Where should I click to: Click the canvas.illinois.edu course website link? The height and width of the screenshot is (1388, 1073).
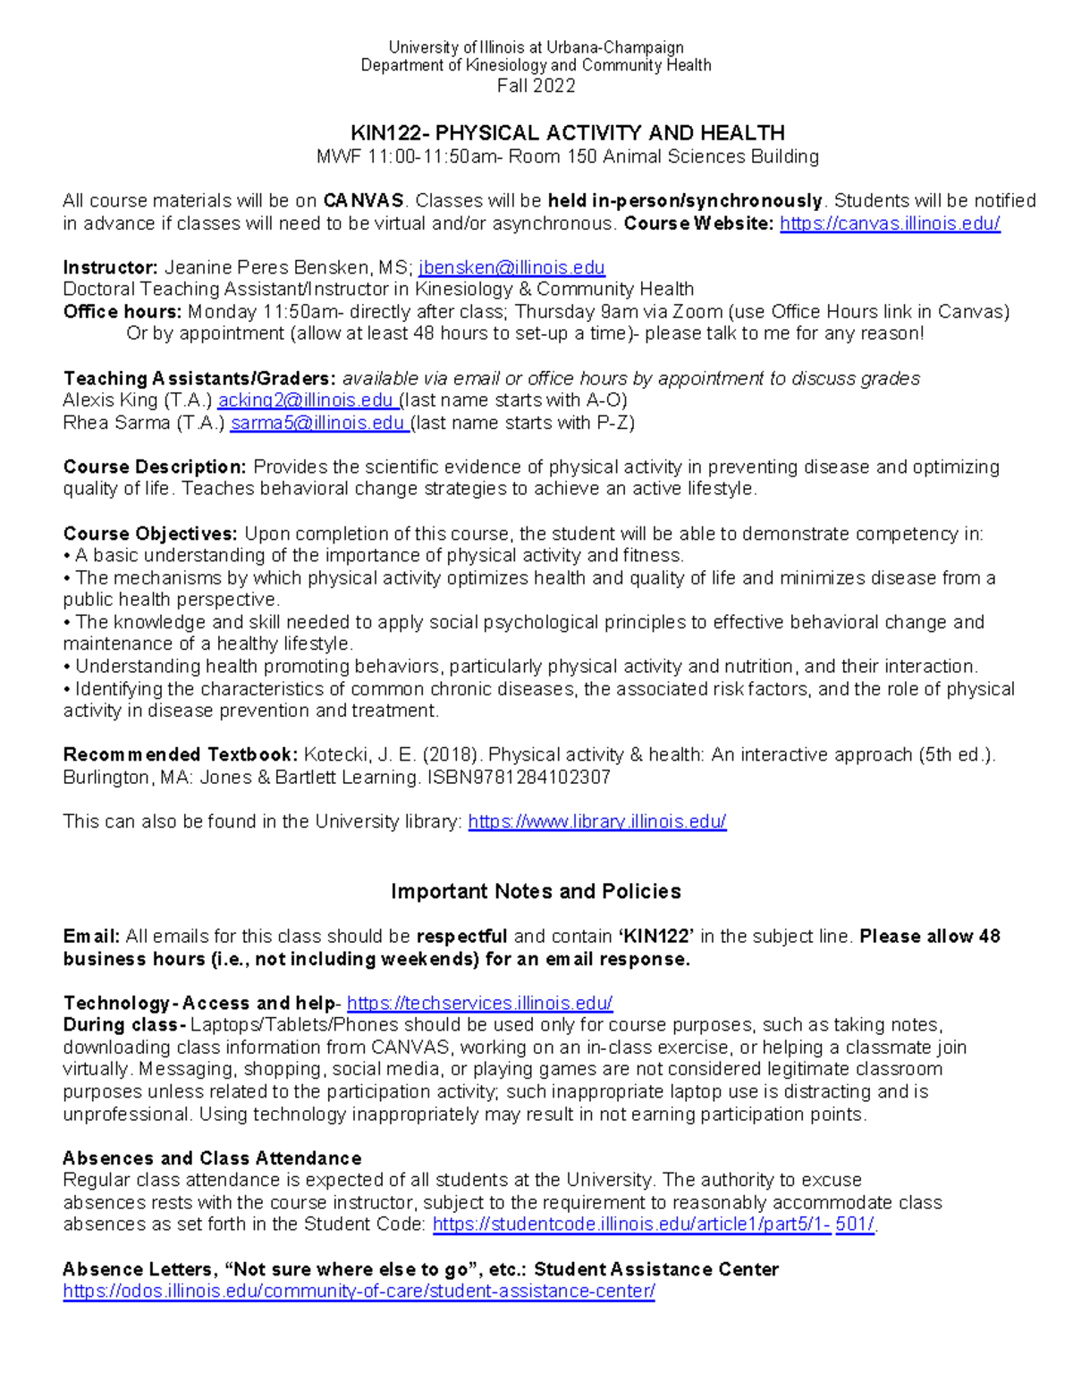(890, 223)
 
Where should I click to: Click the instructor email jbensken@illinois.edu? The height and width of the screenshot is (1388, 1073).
(511, 267)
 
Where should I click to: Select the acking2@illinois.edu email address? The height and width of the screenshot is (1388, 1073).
(306, 400)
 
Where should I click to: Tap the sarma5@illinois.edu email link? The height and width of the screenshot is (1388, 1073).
(317, 423)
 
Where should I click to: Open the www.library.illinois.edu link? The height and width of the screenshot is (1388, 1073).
(596, 821)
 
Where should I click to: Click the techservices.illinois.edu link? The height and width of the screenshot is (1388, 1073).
(479, 1003)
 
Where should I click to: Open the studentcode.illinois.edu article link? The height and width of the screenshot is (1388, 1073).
(653, 1224)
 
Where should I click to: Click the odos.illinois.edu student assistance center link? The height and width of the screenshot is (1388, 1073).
(359, 1291)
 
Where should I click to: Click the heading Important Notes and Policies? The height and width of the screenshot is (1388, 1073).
(536, 891)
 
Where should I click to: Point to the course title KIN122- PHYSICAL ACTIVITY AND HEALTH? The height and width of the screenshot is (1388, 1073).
(568, 133)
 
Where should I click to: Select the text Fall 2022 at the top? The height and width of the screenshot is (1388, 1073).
(536, 86)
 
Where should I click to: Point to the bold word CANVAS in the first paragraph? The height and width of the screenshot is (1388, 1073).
(363, 201)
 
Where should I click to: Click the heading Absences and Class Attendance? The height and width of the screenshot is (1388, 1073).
(212, 1158)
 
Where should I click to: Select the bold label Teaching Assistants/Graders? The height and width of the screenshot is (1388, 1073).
(199, 378)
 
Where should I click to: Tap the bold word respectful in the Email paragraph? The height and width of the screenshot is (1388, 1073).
(461, 937)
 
